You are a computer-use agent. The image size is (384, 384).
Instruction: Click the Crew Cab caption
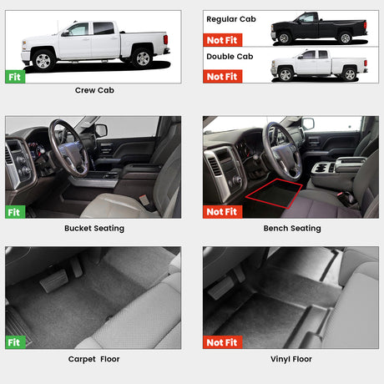pyautogui.click(x=94, y=90)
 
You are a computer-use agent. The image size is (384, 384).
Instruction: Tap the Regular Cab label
pyautogui.click(x=231, y=19)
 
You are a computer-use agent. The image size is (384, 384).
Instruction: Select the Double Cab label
pyautogui.click(x=230, y=57)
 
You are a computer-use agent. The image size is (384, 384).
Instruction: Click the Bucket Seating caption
pyautogui.click(x=94, y=228)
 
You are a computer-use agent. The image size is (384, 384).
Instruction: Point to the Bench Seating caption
pyautogui.click(x=292, y=228)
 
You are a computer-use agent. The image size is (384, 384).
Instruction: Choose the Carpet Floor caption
pyautogui.click(x=93, y=359)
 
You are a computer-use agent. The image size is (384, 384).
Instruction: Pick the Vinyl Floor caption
pyautogui.click(x=291, y=359)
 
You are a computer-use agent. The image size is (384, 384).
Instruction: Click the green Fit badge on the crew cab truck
pyautogui.click(x=15, y=77)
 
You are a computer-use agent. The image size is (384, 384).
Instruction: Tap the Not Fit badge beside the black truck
pyautogui.click(x=222, y=40)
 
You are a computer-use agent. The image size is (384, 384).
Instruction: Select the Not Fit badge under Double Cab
pyautogui.click(x=222, y=77)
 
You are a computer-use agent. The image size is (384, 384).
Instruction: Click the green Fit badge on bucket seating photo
pyautogui.click(x=15, y=212)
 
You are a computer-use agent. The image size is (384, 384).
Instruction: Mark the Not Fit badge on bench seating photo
pyautogui.click(x=222, y=212)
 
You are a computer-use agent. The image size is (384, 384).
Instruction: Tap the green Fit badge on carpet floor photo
pyautogui.click(x=15, y=342)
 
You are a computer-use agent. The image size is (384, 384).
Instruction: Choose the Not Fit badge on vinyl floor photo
pyautogui.click(x=222, y=342)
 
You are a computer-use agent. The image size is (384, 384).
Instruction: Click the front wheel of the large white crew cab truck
pyautogui.click(x=43, y=60)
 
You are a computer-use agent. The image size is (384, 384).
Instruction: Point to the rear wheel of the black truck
pyautogui.click(x=346, y=38)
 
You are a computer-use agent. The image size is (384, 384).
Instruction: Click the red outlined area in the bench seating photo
pyautogui.click(x=274, y=194)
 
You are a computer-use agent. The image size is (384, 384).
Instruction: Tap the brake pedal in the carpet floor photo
pyautogui.click(x=53, y=280)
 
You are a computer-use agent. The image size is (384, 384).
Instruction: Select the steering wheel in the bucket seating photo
pyautogui.click(x=68, y=149)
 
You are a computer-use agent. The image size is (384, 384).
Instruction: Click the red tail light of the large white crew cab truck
pyautogui.click(x=165, y=39)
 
